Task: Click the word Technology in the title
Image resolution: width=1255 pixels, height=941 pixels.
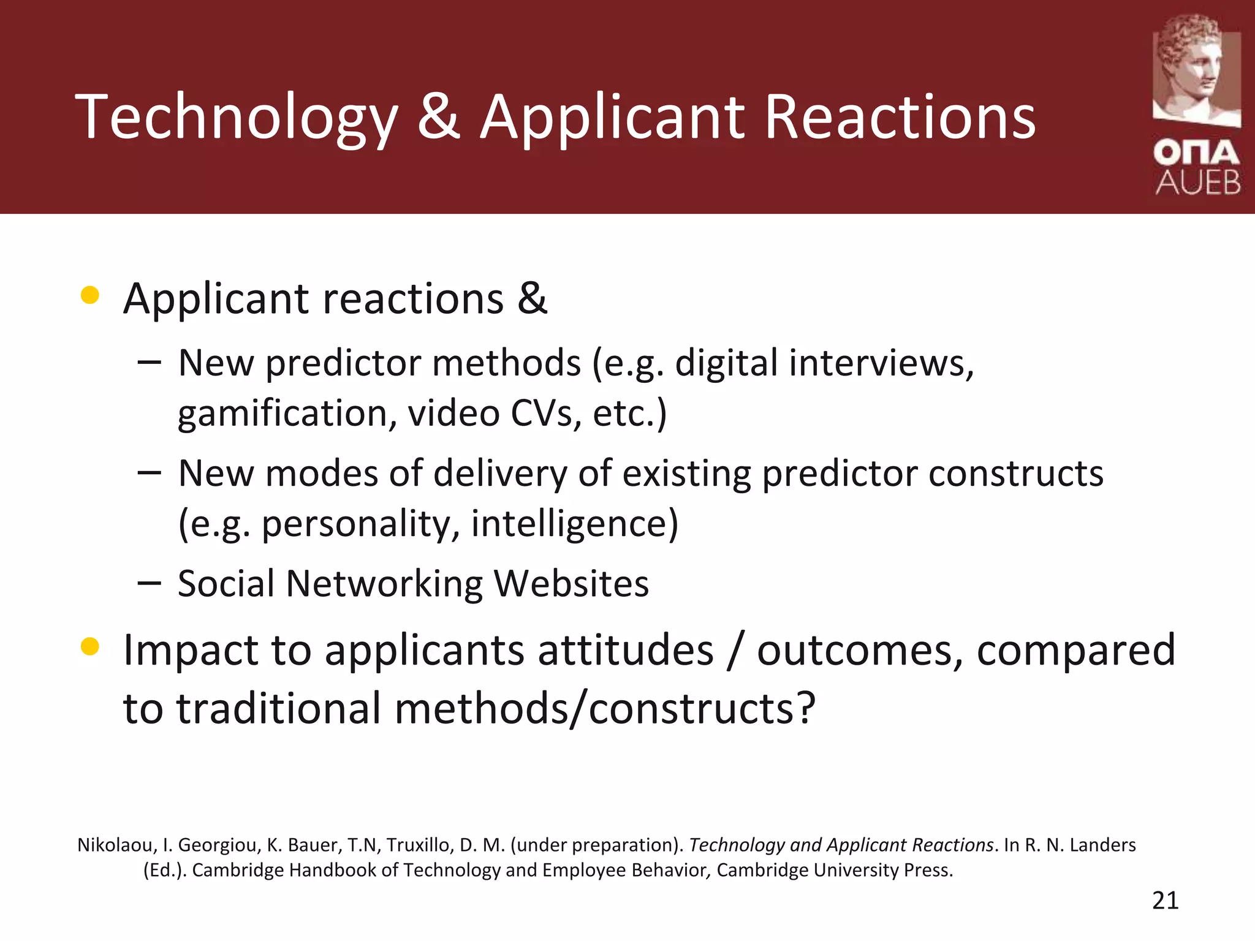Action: pos(237,118)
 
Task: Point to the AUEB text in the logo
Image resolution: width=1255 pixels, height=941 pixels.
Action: pos(1198,183)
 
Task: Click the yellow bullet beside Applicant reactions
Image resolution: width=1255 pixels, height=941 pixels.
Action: pos(90,295)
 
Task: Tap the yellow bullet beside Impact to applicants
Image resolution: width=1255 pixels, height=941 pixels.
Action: pos(90,646)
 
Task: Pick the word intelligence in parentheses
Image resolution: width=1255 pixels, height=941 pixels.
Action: pos(574,524)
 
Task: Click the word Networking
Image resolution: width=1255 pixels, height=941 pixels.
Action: pos(384,583)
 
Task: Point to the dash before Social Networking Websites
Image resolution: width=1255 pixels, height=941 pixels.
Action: pos(149,583)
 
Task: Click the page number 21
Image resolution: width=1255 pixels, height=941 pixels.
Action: pos(1165,901)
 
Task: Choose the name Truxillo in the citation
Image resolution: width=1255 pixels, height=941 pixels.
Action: pos(418,845)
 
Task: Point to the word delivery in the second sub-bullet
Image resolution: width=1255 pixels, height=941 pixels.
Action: pos(501,474)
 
